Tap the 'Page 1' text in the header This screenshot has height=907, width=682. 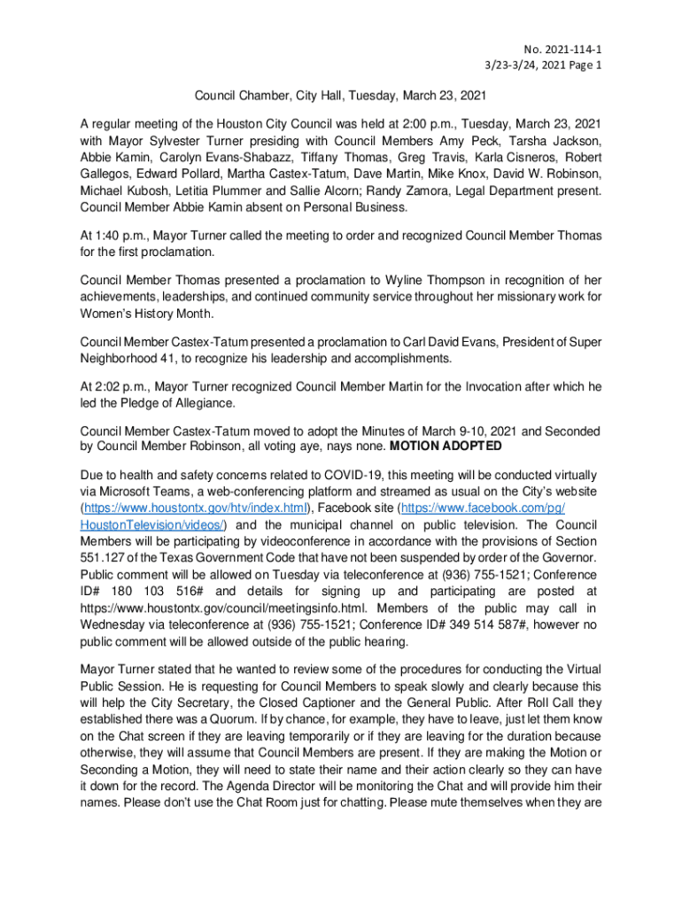583,65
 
